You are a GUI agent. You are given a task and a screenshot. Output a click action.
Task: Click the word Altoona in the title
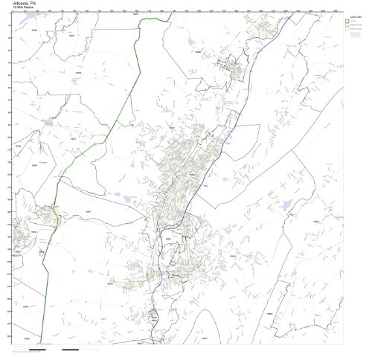13,3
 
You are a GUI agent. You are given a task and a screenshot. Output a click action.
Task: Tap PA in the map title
30,3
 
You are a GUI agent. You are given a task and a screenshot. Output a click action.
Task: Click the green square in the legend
350,21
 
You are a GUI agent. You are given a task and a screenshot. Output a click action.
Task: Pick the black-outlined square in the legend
350,26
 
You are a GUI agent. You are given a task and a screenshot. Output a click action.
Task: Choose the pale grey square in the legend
350,31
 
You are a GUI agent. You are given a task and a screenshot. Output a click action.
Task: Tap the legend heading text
356,16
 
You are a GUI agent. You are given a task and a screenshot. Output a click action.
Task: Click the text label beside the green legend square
358,21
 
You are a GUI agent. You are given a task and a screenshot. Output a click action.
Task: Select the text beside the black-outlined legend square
359,26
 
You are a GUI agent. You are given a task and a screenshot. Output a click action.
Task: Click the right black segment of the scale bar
71,349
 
